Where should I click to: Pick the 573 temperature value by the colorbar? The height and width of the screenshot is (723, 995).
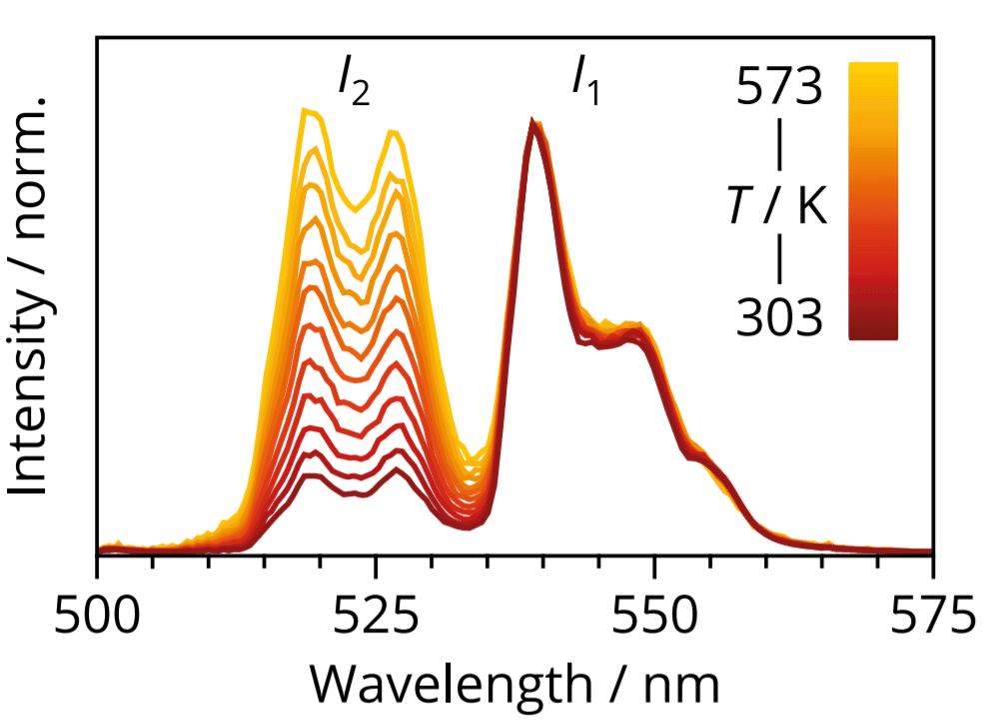[x=779, y=88]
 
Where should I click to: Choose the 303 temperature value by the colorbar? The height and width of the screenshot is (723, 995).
[x=779, y=319]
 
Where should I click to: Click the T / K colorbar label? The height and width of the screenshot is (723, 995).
[x=777, y=205]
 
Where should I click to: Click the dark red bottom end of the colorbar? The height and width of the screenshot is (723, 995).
[x=873, y=332]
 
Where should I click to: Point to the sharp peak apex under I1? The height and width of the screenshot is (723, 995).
[x=534, y=124]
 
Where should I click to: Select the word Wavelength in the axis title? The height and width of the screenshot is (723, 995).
[x=447, y=684]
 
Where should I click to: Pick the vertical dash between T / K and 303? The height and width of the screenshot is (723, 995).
[x=778, y=263]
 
